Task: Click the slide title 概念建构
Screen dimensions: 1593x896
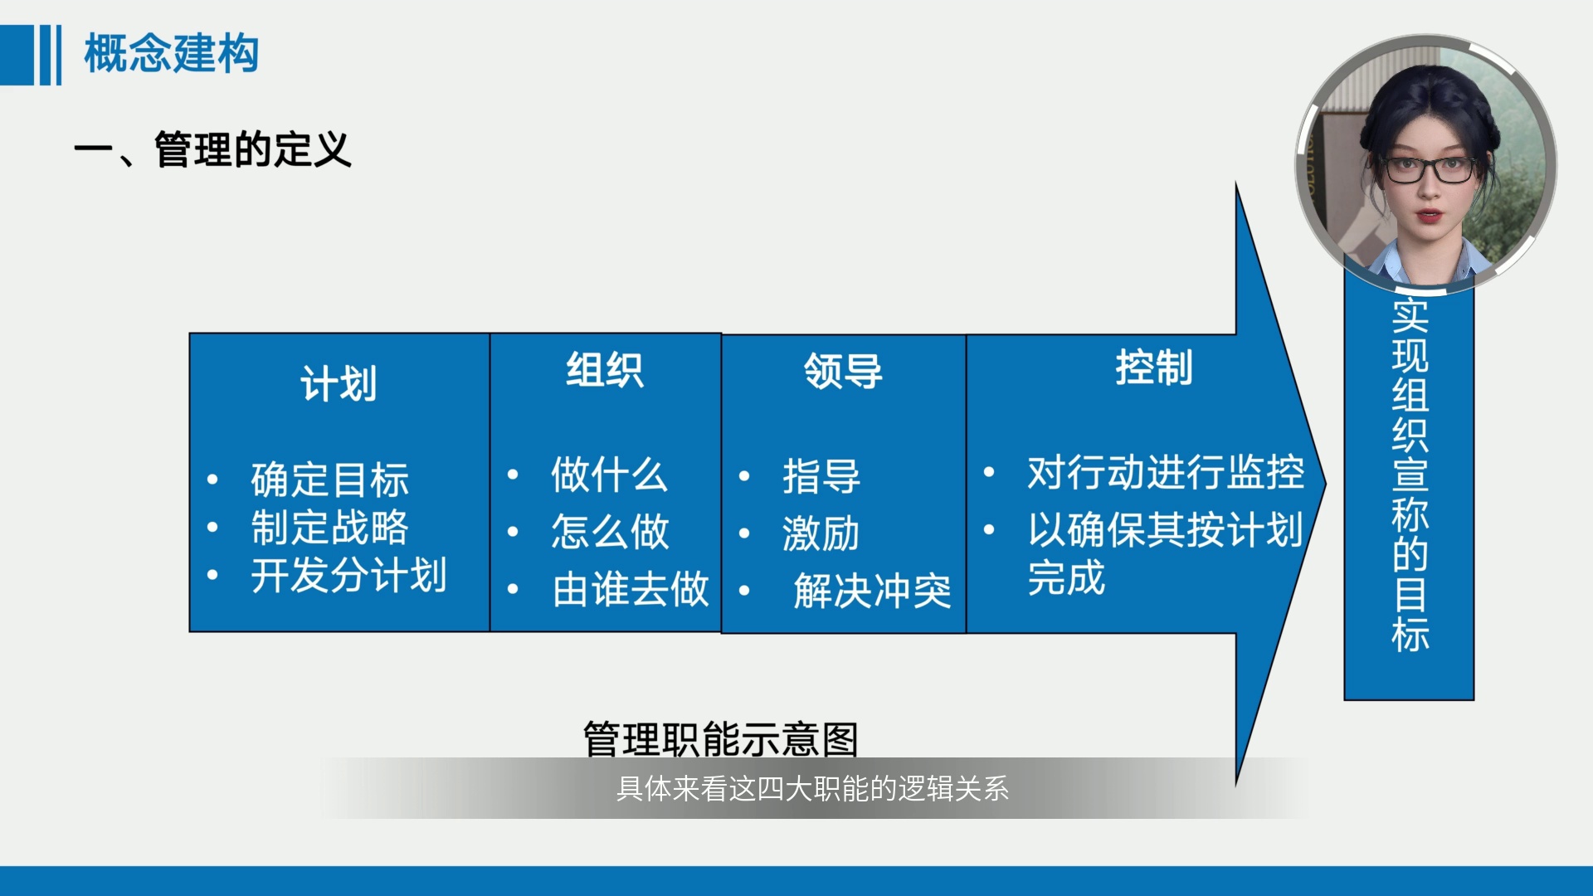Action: click(x=172, y=54)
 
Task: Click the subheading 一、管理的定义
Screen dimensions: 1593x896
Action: click(x=212, y=150)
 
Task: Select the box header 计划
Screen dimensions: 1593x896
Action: click(x=339, y=384)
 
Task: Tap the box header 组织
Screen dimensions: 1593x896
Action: click(x=605, y=370)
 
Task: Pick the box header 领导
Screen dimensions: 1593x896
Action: click(x=843, y=371)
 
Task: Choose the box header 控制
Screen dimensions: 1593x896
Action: click(x=1154, y=368)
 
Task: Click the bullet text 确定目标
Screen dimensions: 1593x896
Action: click(x=330, y=480)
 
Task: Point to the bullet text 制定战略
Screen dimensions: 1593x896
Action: click(x=330, y=528)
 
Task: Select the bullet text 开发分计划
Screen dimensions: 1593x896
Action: click(x=349, y=575)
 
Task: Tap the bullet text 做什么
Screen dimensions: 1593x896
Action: click(x=610, y=475)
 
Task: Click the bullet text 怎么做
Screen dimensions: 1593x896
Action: click(x=610, y=531)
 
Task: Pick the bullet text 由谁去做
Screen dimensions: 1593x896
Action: click(x=631, y=589)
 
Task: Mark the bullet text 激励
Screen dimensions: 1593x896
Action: click(x=821, y=533)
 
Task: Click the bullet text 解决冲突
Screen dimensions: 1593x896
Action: click(x=872, y=592)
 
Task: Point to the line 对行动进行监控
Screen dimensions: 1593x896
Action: click(x=1166, y=473)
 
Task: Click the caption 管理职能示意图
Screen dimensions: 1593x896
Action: click(x=720, y=738)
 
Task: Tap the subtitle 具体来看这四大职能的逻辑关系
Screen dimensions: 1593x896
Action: click(x=812, y=788)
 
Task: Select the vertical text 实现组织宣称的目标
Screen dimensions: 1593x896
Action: click(x=1410, y=475)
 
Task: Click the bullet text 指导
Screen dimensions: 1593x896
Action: click(x=821, y=476)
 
